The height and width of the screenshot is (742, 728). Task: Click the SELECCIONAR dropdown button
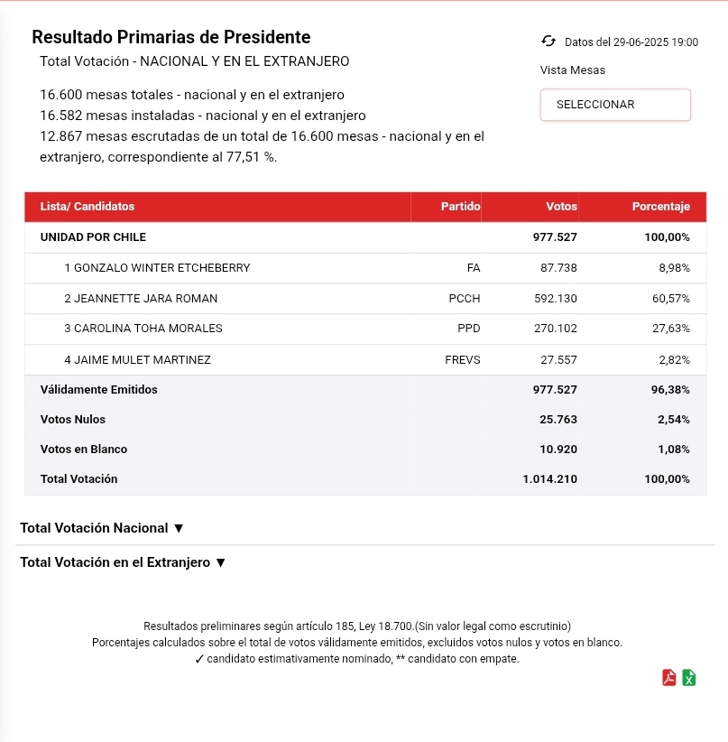pos(614,105)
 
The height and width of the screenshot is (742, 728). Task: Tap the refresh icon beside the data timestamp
pos(548,42)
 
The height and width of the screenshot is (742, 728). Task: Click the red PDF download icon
pos(669,678)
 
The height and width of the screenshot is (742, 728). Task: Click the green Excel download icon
pos(689,678)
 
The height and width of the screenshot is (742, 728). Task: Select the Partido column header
pos(460,207)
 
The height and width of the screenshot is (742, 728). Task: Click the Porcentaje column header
pos(660,207)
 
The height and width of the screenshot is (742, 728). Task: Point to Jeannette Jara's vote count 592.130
pos(555,299)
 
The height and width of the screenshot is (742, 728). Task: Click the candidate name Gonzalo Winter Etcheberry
pos(157,268)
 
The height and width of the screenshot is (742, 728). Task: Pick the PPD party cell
pos(469,329)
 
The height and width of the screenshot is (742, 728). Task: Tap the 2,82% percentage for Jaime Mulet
pos(674,360)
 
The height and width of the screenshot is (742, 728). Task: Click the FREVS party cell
pos(463,360)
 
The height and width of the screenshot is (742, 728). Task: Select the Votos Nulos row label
pos(73,420)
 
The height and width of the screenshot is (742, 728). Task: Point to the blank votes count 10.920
pos(558,450)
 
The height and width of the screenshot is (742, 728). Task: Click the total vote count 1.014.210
pos(549,479)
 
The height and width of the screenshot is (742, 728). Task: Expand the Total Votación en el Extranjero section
pos(122,562)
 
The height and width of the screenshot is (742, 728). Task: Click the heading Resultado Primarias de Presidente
pos(170,38)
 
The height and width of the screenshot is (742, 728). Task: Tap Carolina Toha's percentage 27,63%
pos(670,329)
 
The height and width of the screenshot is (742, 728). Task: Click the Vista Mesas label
pos(573,70)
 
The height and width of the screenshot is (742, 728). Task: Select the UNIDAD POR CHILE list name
pos(93,237)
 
